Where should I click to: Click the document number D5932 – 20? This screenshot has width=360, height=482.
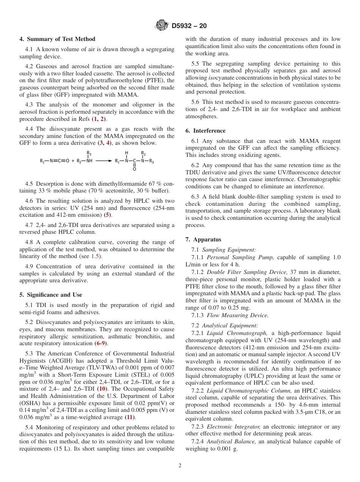[189, 26]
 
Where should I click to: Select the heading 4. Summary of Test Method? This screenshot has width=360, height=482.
[57, 39]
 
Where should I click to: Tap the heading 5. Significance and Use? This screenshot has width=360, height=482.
[51, 295]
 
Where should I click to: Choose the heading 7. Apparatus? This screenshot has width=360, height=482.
[203, 239]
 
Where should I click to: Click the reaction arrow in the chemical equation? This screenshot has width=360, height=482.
[103, 161]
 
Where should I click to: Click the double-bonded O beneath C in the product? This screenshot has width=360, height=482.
[134, 169]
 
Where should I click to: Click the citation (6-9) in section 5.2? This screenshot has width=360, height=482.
[101, 343]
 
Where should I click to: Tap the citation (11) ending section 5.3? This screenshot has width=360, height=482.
[130, 417]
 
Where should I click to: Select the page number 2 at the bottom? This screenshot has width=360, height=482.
[180, 466]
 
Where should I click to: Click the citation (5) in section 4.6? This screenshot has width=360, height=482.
[108, 215]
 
